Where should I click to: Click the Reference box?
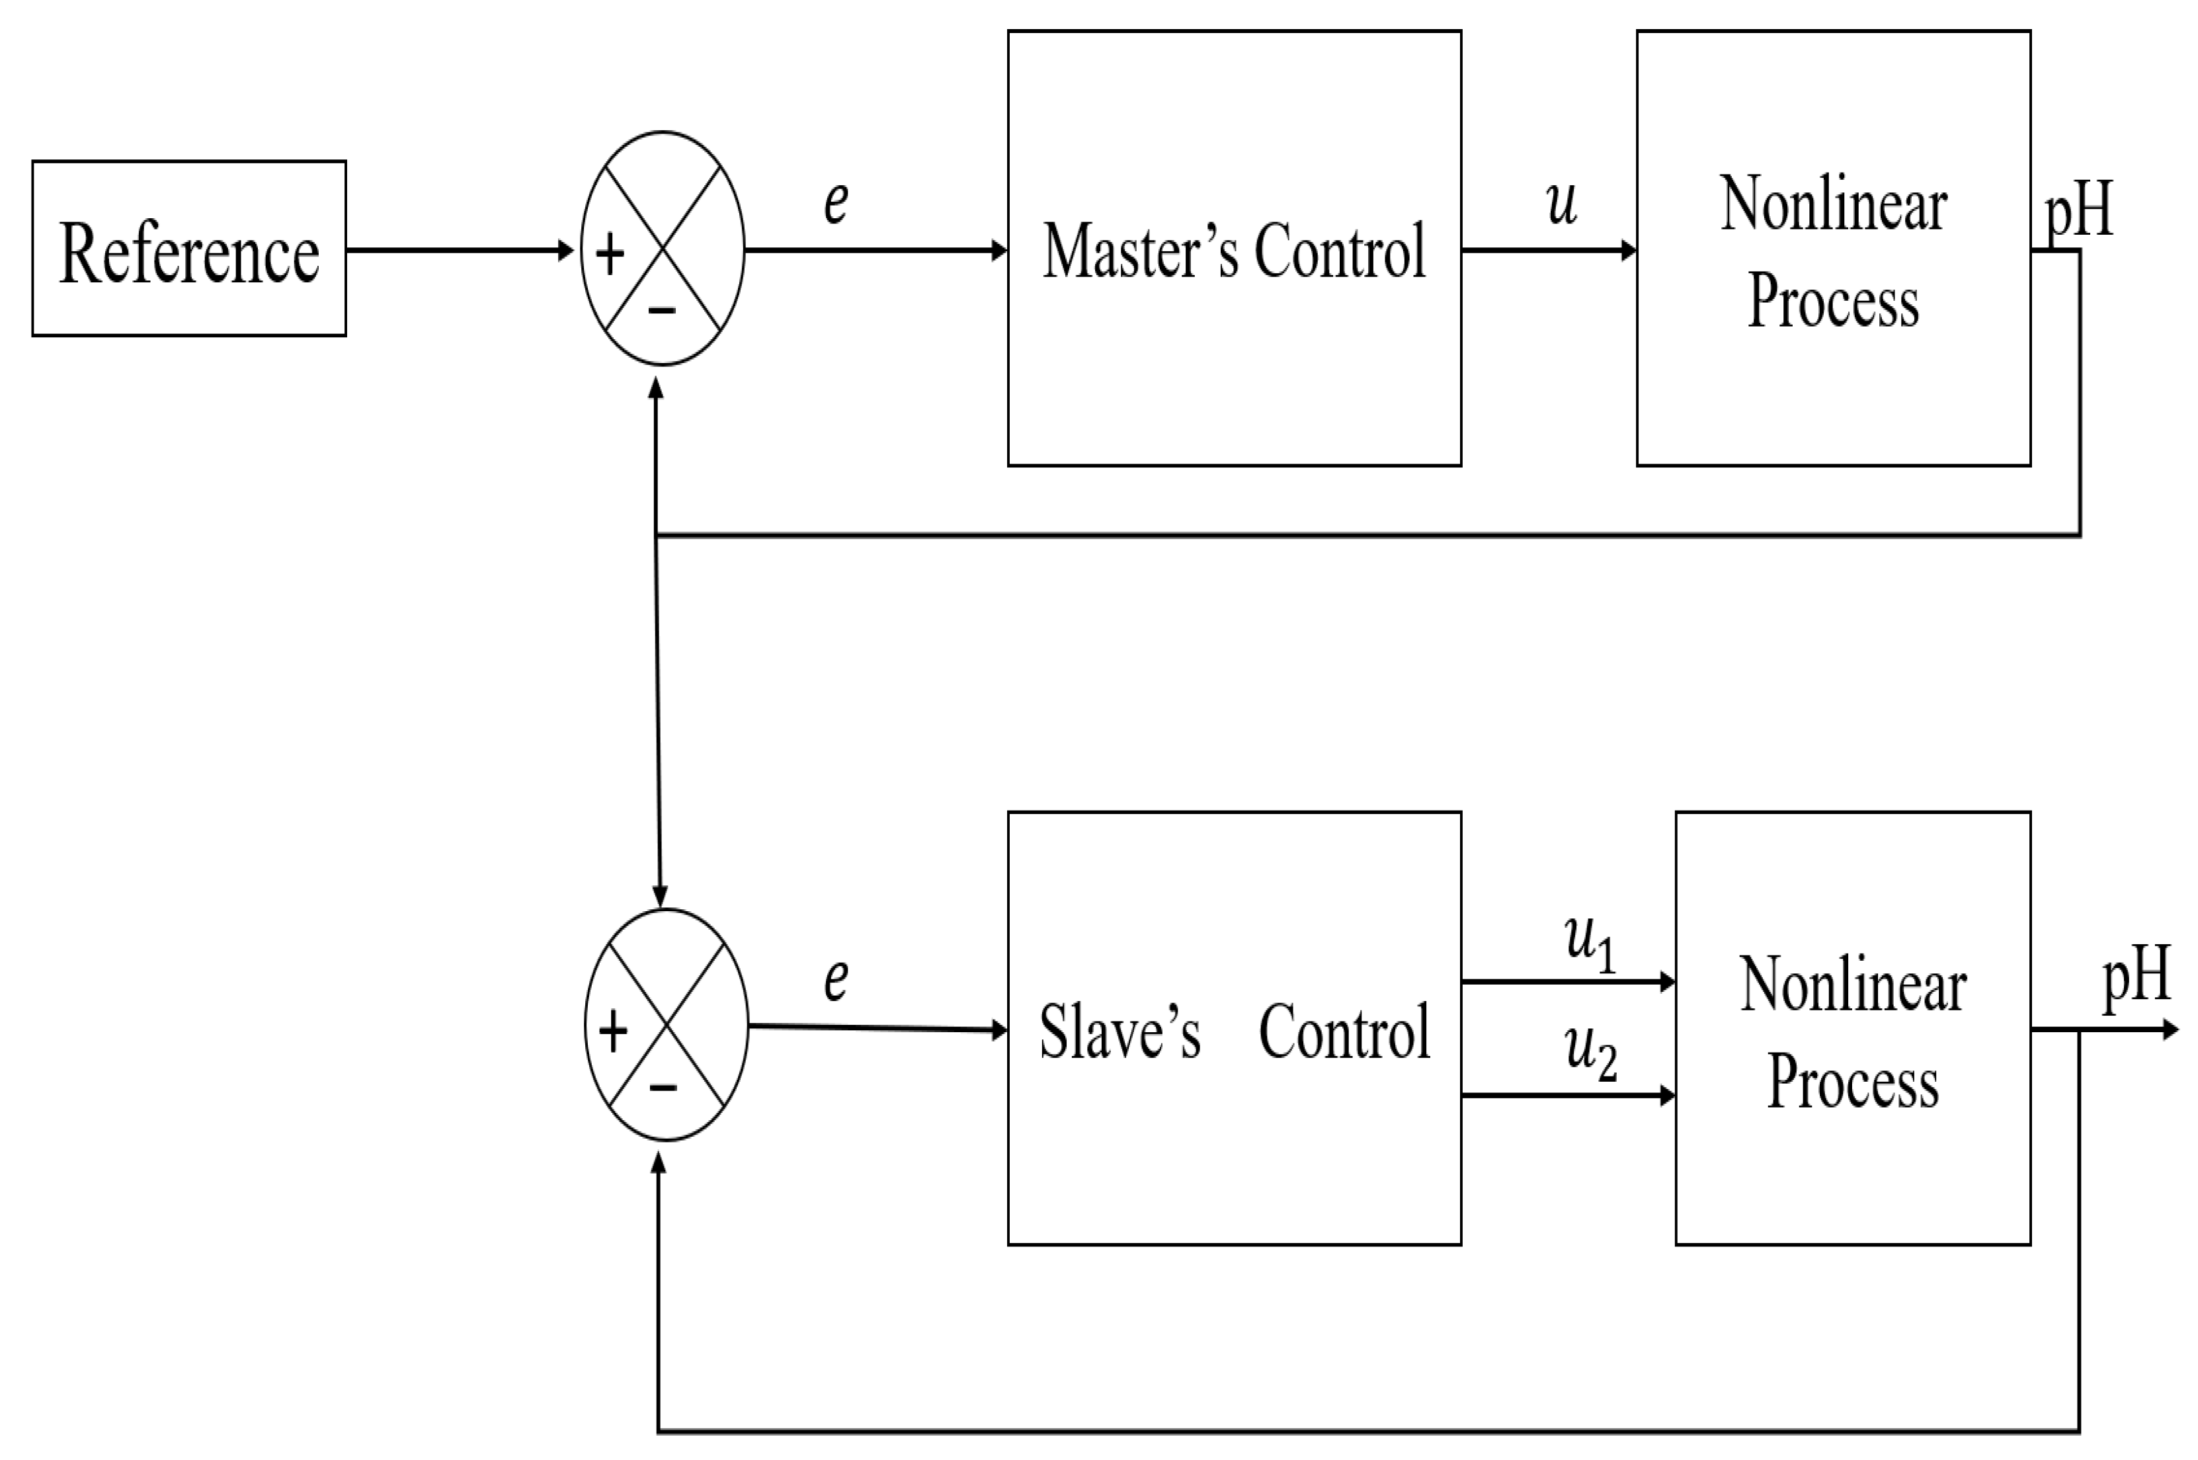[x=189, y=249]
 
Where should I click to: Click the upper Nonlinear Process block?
[x=1832, y=249]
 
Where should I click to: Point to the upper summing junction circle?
[x=662, y=249]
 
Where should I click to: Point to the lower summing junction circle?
[x=666, y=1024]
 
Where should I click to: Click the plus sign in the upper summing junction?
[x=610, y=253]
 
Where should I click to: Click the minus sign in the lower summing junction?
[x=663, y=1086]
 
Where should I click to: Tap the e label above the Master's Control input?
[x=835, y=202]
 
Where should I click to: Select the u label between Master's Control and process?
[x=1561, y=203]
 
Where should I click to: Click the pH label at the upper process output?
[x=2078, y=212]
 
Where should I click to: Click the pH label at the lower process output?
[x=2137, y=977]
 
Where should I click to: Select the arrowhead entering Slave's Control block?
[x=999, y=1030]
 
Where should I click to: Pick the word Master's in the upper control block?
[x=1141, y=251]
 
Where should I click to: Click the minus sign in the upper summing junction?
[x=661, y=310]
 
